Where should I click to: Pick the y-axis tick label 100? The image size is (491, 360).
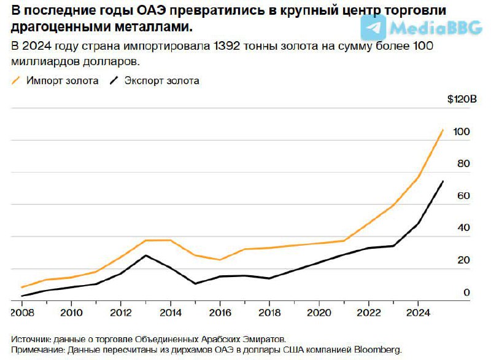click(x=461, y=131)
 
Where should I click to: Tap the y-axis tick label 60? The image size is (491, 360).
click(x=464, y=195)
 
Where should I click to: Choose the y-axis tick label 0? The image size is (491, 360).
click(x=466, y=292)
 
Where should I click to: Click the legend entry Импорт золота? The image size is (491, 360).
click(x=61, y=80)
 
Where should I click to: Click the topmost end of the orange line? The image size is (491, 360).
click(x=443, y=130)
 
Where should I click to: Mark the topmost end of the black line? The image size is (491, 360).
click(x=443, y=181)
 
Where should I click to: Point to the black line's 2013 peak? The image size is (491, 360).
click(x=145, y=255)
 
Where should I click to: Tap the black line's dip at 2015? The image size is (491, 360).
click(x=195, y=283)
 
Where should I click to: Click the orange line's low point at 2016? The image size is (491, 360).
click(x=220, y=260)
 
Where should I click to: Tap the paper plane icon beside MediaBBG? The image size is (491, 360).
click(x=373, y=26)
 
